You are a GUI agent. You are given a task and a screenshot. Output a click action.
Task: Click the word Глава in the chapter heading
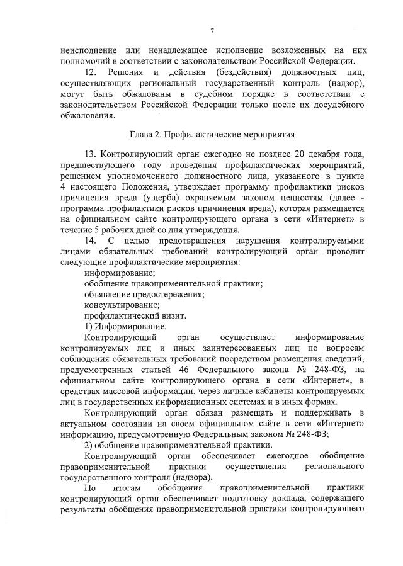pos(142,134)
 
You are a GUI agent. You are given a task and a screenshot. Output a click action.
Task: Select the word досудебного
pos(337,105)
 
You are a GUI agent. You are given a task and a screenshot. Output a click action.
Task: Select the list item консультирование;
pos(118,305)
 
